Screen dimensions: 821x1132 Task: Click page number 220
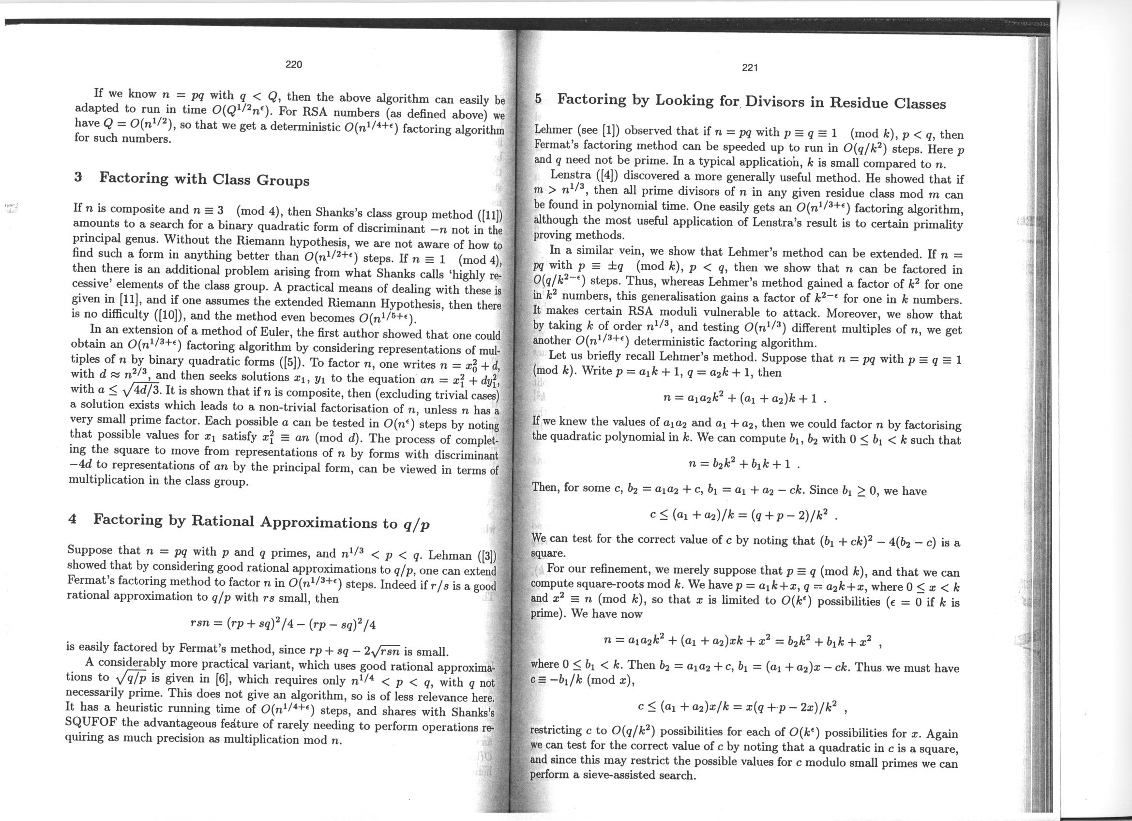coord(293,64)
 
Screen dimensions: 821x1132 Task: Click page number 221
coord(750,68)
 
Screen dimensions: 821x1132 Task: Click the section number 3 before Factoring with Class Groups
coord(78,177)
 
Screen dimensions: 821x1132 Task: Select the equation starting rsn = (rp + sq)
coord(283,624)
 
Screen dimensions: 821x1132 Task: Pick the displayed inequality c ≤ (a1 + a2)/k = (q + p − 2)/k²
coord(740,515)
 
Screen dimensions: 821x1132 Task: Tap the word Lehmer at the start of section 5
coord(553,130)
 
